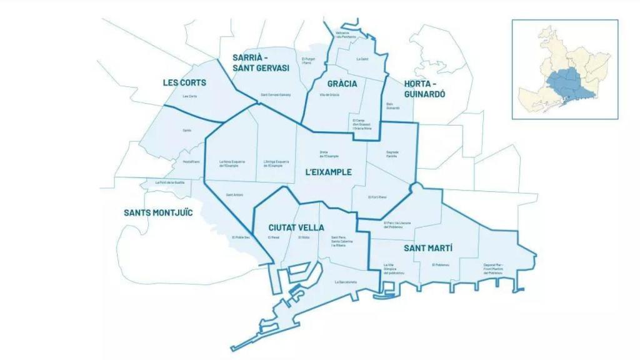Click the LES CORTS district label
pyautogui.click(x=184, y=82)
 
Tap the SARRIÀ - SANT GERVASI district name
pyautogui.click(x=261, y=62)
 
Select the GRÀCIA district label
pyautogui.click(x=342, y=84)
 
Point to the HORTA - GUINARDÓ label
pyautogui.click(x=424, y=89)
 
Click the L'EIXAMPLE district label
pyautogui.click(x=328, y=172)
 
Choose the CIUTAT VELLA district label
pyautogui.click(x=296, y=227)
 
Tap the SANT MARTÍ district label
pyautogui.click(x=428, y=248)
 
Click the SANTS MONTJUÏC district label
pyautogui.click(x=158, y=212)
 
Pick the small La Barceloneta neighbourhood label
pyautogui.click(x=346, y=282)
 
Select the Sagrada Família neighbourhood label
pyautogui.click(x=391, y=154)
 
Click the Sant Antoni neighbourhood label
pyautogui.click(x=234, y=195)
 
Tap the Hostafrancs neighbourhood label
pyautogui.click(x=191, y=162)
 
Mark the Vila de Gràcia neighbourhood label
pyautogui.click(x=329, y=95)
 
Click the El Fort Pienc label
pyautogui.click(x=377, y=197)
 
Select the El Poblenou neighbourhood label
pyautogui.click(x=441, y=265)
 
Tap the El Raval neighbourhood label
pyautogui.click(x=274, y=237)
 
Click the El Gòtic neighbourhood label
pyautogui.click(x=304, y=237)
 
